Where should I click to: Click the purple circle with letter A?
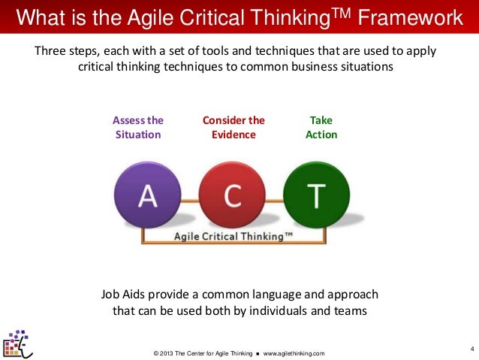(148, 196)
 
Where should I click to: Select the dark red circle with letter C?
(233, 196)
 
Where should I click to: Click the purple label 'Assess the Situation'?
(138, 127)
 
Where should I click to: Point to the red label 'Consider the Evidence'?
(233, 127)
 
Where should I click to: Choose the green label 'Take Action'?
(321, 127)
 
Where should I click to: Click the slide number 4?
(471, 347)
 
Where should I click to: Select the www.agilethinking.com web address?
(294, 353)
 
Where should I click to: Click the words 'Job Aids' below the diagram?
(122, 293)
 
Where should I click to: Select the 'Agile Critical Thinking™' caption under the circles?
(233, 235)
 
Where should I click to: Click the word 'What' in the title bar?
(38, 17)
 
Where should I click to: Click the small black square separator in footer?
(257, 353)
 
